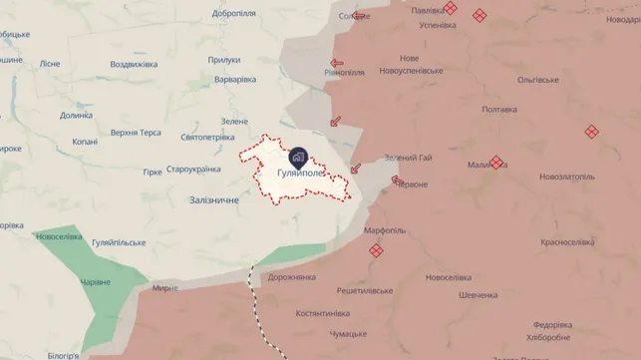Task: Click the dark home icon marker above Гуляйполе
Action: point(298,158)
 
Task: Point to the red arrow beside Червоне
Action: point(396,181)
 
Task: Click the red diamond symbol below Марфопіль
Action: point(376,252)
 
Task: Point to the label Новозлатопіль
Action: point(567,177)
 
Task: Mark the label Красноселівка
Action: point(568,242)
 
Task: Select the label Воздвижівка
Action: point(134,65)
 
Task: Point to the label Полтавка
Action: point(498,110)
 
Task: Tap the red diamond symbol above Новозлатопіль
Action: point(591,132)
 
